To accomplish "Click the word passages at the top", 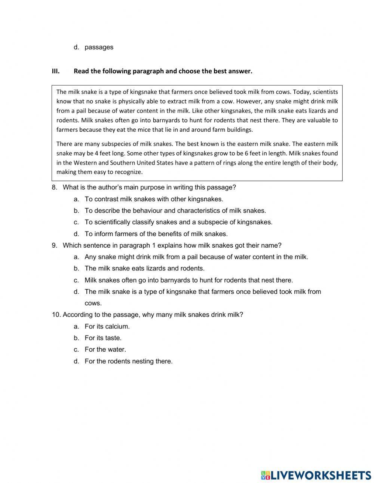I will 99,47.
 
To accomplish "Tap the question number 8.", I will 55,187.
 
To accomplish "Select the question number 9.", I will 55,245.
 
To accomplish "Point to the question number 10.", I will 56,315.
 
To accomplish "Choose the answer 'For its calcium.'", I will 107,326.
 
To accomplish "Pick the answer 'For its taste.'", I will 103,338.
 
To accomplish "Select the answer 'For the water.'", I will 105,349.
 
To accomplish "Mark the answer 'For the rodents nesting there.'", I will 128,361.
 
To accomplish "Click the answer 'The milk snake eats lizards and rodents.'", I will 144,268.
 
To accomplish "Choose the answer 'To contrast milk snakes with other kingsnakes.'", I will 154,199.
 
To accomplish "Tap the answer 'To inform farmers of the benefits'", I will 156,234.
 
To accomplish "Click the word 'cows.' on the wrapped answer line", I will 93,303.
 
